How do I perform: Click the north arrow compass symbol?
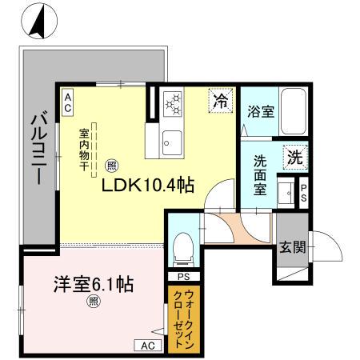click(x=37, y=22)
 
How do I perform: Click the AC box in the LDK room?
click(x=68, y=99)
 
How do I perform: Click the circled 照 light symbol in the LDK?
click(x=112, y=166)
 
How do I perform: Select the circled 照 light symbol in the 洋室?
click(x=94, y=302)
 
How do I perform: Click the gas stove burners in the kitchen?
click(x=174, y=103)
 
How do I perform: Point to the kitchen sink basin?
click(x=172, y=144)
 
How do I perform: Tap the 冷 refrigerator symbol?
click(x=220, y=100)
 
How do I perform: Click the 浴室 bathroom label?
click(x=261, y=112)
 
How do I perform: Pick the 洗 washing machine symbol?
click(x=294, y=158)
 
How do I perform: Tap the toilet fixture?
click(x=183, y=246)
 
